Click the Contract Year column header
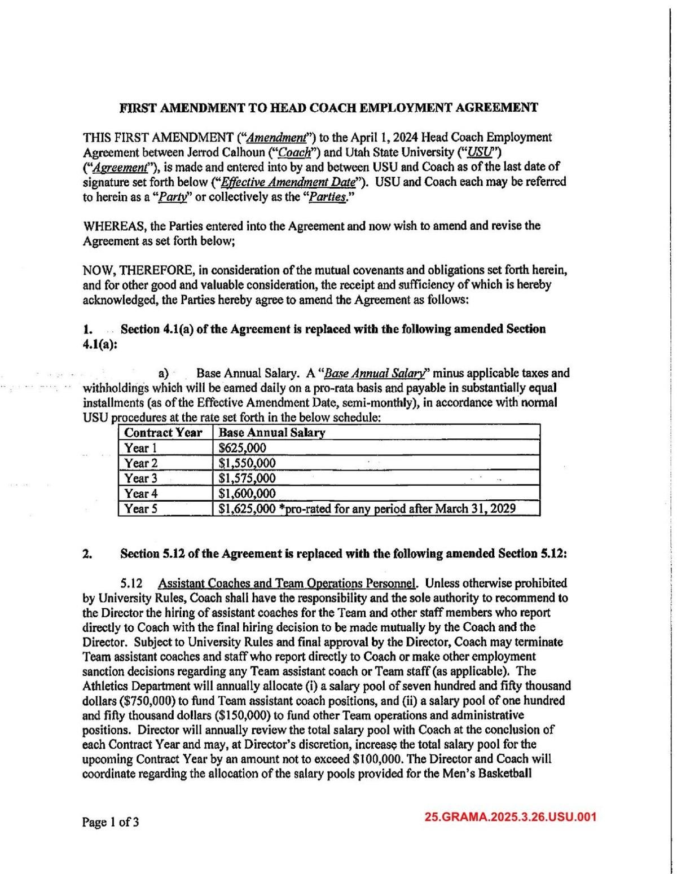[x=163, y=433]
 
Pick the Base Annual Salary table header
[x=271, y=433]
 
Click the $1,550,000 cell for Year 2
[x=247, y=463]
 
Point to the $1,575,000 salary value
[x=247, y=478]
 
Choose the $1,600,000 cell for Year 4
[x=247, y=494]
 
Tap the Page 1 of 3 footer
[x=111, y=822]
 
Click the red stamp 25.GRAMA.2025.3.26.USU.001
[x=511, y=817]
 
